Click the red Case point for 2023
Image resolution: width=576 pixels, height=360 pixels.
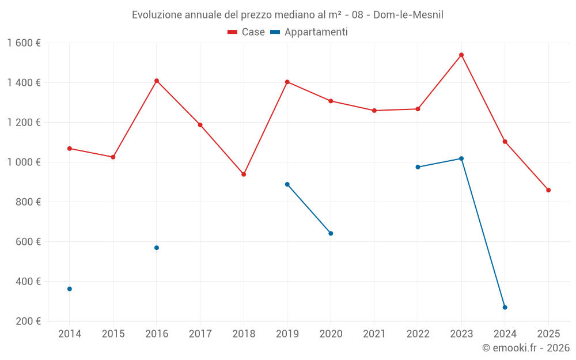pos(461,55)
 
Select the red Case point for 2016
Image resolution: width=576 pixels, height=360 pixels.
pos(157,81)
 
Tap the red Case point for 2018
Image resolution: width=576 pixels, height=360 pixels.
pos(244,174)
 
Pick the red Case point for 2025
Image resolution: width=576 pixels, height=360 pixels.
pos(548,190)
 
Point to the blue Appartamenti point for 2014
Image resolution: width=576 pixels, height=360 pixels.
pos(70,289)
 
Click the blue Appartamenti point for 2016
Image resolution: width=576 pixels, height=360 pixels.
pos(157,248)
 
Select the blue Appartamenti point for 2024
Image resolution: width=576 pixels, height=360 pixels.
pos(505,307)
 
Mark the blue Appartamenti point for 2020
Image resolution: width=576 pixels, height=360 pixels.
pos(331,233)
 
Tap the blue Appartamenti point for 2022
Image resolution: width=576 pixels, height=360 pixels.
pos(418,167)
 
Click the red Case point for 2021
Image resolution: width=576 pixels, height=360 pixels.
pos(374,111)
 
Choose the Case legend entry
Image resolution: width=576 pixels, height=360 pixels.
pos(247,32)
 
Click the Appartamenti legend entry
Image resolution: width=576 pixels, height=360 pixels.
pos(309,32)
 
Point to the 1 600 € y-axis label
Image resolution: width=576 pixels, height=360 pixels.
pos(24,43)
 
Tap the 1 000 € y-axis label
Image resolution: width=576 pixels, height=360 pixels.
pos(24,162)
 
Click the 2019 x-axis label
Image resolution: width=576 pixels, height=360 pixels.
pos(287,334)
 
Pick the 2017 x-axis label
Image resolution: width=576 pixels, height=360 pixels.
pos(200,334)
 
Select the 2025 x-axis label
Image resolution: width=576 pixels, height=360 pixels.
pos(548,334)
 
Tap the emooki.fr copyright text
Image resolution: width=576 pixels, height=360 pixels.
pos(526,348)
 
